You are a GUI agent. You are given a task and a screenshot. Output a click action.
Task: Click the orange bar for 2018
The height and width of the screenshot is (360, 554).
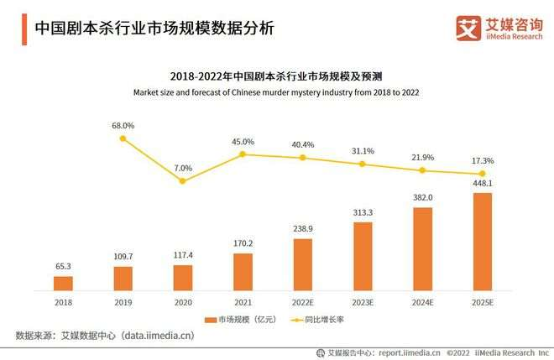[x=63, y=283]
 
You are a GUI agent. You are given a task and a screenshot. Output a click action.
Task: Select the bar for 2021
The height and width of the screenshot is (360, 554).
[x=243, y=272]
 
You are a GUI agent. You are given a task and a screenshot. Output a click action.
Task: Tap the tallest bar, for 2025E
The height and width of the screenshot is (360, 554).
[x=483, y=242]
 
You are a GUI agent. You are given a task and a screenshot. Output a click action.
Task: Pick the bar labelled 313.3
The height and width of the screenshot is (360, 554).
[x=363, y=256]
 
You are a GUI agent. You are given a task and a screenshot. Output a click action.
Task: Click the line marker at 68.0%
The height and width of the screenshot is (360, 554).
[x=123, y=138]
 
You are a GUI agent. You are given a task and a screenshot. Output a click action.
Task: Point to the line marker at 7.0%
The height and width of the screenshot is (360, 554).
[x=182, y=180]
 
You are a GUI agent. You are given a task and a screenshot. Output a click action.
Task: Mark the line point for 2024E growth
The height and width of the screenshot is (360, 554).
[x=423, y=170]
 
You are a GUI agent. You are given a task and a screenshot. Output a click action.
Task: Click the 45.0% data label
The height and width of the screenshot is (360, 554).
[x=243, y=142]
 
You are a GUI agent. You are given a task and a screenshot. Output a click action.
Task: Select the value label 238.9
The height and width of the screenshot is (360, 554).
[x=302, y=228]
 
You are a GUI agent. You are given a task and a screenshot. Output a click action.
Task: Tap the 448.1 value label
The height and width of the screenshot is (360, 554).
[x=483, y=185]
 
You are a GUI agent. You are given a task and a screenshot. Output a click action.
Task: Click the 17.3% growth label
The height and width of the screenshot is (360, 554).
[x=483, y=160]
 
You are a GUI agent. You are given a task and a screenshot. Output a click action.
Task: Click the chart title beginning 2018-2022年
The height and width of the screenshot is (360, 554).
[x=276, y=75]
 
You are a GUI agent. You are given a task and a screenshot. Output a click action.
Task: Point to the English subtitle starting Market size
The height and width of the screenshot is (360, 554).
[x=276, y=91]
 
